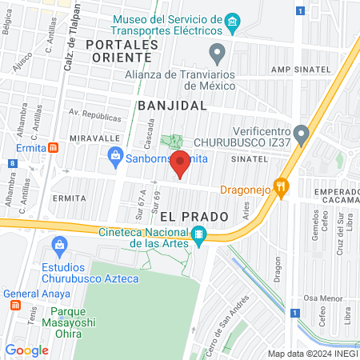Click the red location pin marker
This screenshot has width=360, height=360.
pyautogui.click(x=181, y=163)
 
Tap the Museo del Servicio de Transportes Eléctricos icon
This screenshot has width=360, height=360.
pyautogui.click(x=233, y=21)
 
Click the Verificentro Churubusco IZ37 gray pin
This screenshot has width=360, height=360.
pyautogui.click(x=301, y=133)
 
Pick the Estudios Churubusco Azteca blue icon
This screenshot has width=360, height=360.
pyautogui.click(x=58, y=244)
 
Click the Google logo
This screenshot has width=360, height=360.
pyautogui.click(x=26, y=350)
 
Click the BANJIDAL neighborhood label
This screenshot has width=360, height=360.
pyautogui.click(x=172, y=105)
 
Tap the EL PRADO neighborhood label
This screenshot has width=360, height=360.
pyautogui.click(x=194, y=216)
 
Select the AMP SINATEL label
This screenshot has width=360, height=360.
pyautogui.click(x=301, y=70)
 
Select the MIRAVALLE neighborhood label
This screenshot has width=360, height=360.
pyautogui.click(x=94, y=138)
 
